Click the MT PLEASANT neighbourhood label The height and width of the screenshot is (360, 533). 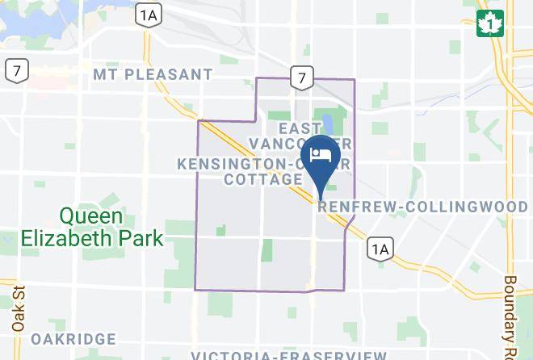click(153, 75)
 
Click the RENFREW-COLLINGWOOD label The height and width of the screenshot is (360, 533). click(423, 207)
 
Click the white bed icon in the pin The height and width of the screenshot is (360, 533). click(321, 154)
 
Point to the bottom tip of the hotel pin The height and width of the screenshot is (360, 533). click(321, 199)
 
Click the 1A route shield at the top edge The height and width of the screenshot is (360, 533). click(147, 14)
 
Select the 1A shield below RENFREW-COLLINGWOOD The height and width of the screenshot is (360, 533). click(379, 249)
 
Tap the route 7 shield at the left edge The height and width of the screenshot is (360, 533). click(15, 69)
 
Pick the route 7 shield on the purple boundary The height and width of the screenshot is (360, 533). click(302, 77)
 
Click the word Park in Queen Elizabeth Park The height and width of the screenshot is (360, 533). click(145, 238)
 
